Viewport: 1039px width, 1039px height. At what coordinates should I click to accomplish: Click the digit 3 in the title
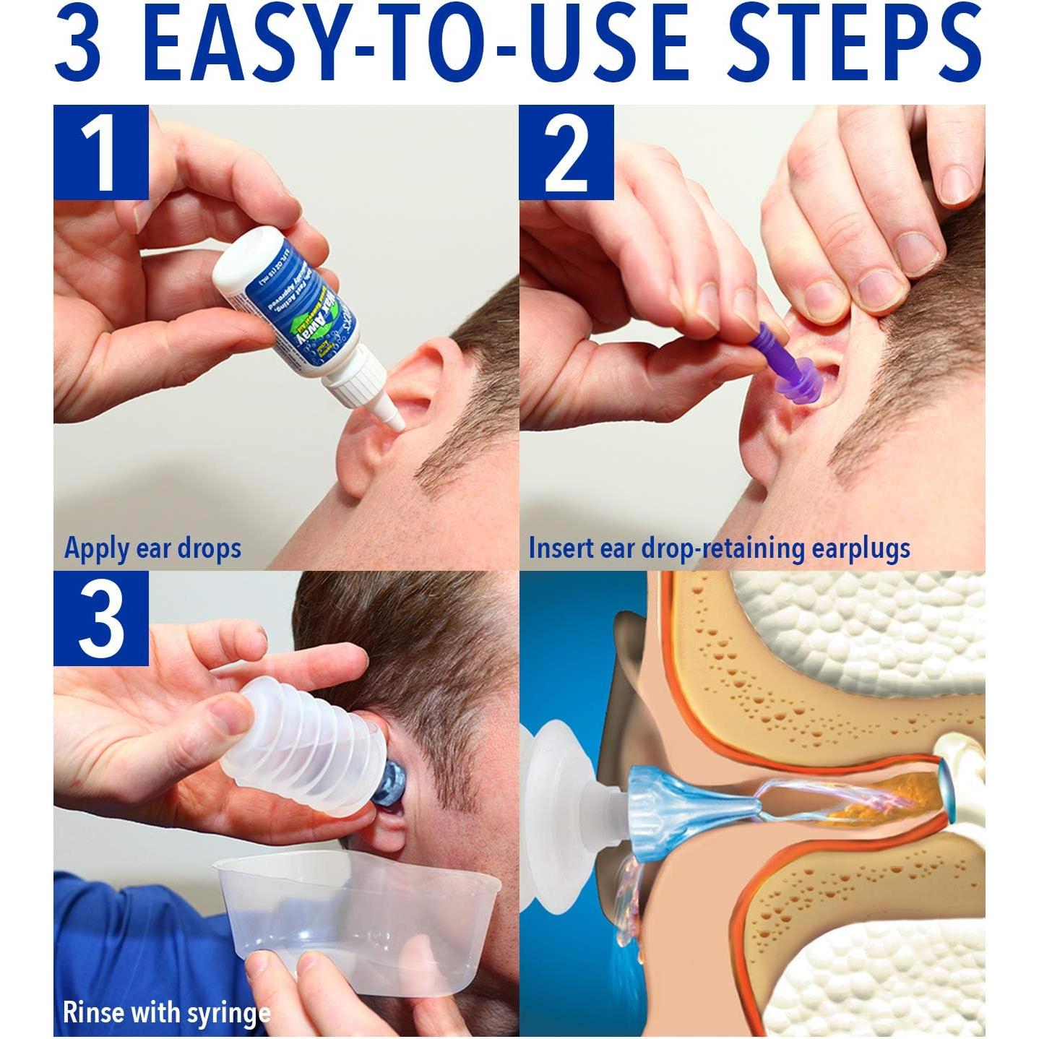point(77,45)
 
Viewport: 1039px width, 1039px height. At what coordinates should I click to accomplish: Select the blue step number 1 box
point(100,152)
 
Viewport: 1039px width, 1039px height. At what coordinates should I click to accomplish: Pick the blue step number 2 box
point(566,152)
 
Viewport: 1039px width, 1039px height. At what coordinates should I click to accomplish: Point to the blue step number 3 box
point(100,618)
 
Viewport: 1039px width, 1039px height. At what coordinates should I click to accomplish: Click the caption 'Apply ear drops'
point(152,548)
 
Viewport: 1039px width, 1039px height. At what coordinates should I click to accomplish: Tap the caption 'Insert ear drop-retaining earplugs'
point(719,548)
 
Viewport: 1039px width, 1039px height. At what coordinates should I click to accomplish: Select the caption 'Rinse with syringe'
point(166,1012)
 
